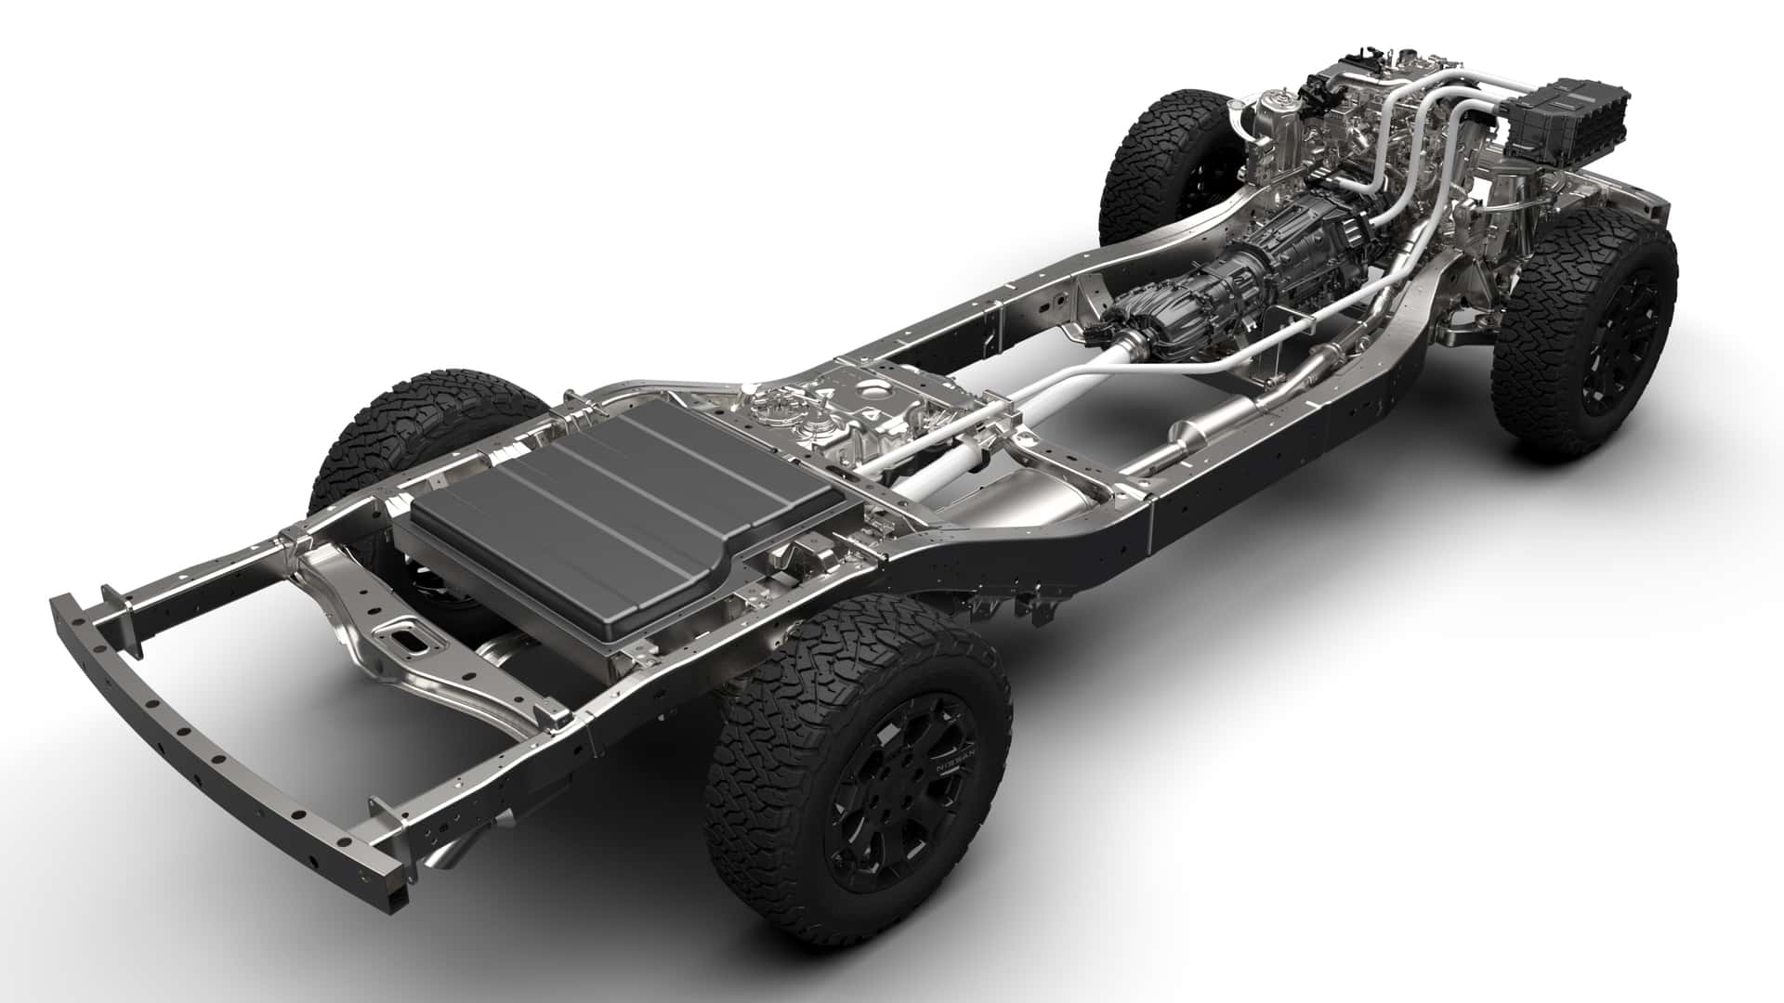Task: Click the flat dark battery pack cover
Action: tap(576, 520)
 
